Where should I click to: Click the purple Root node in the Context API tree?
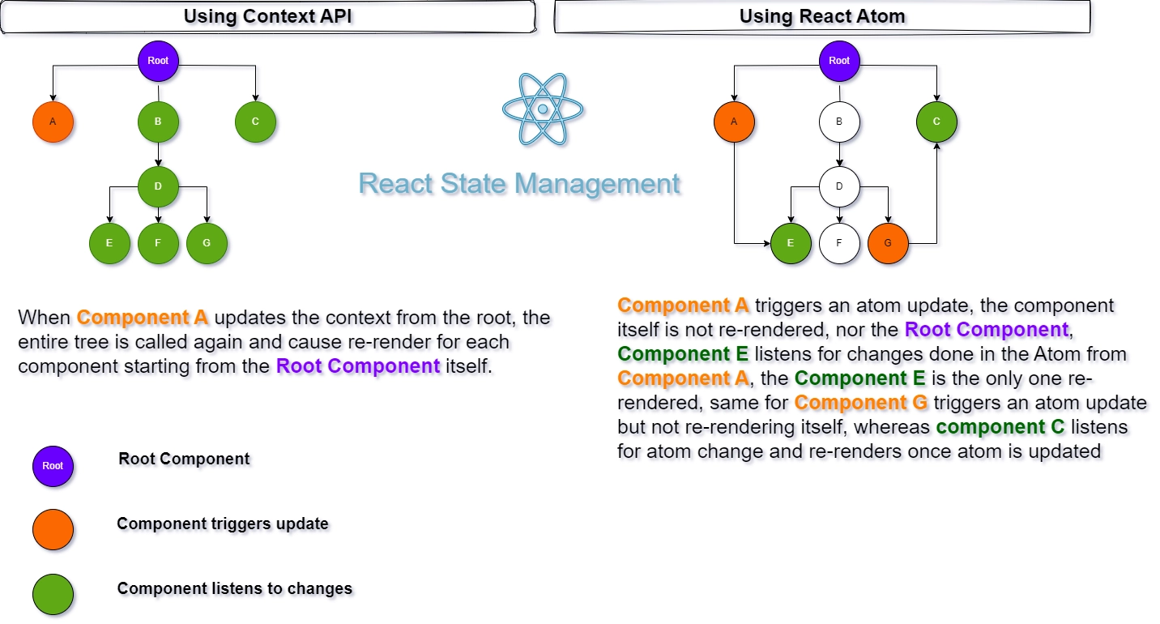[158, 61]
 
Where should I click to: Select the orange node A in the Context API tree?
[53, 122]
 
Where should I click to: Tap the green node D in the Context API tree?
[158, 186]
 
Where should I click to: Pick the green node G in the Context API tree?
[207, 243]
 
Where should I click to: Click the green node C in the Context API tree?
[255, 122]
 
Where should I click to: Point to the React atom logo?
[543, 109]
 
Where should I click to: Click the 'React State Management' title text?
[519, 183]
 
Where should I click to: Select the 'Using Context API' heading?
[267, 16]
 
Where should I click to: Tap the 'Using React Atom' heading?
[822, 16]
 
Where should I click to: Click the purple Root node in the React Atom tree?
[839, 61]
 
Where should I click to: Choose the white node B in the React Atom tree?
[839, 122]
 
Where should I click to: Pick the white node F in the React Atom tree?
[839, 243]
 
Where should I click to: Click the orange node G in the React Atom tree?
[888, 243]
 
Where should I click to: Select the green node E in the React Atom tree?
[791, 243]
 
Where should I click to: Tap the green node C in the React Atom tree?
[936, 122]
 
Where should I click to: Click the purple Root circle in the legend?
[53, 466]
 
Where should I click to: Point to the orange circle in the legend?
[53, 530]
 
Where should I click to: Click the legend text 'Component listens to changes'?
[235, 588]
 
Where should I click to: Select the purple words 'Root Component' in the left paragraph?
[358, 365]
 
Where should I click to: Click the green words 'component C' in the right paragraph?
[1000, 427]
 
